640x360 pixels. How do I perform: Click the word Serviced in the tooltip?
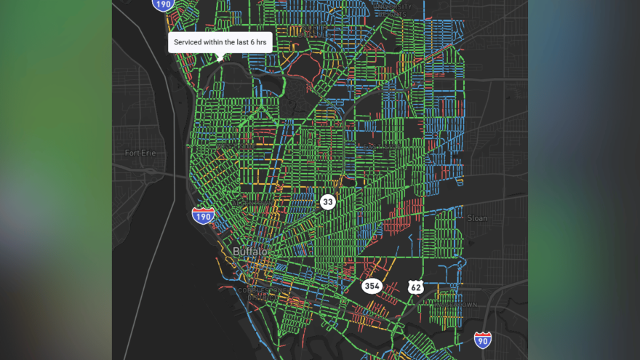pyautogui.click(x=191, y=43)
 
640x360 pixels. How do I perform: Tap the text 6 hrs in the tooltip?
pyautogui.click(x=255, y=43)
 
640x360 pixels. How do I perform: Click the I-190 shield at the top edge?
pyautogui.click(x=164, y=4)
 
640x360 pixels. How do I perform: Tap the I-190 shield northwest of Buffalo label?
pyautogui.click(x=203, y=215)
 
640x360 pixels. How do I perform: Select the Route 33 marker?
pyautogui.click(x=328, y=201)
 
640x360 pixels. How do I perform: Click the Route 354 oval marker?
pyautogui.click(x=372, y=286)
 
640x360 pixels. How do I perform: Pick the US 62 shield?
pyautogui.click(x=415, y=287)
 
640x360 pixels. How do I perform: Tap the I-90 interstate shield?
pyautogui.click(x=482, y=340)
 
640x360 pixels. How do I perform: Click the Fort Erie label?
pyautogui.click(x=140, y=153)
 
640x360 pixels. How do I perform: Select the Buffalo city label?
pyautogui.click(x=249, y=252)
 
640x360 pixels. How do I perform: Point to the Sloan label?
pyautogui.click(x=476, y=217)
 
